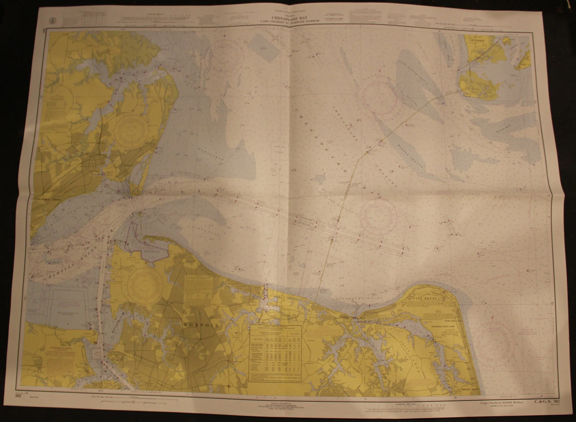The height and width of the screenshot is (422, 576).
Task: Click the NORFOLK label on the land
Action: pyautogui.click(x=201, y=325)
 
